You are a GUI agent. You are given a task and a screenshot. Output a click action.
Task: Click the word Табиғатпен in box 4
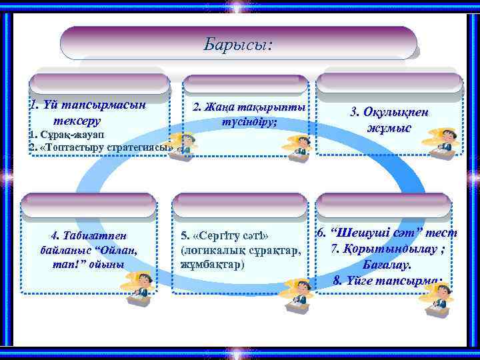click(88, 235)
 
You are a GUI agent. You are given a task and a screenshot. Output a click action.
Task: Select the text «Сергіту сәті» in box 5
click(225, 237)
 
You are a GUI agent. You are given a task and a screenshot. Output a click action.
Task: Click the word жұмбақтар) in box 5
click(213, 264)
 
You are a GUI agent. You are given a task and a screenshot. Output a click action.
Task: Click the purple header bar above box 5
click(240, 205)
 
